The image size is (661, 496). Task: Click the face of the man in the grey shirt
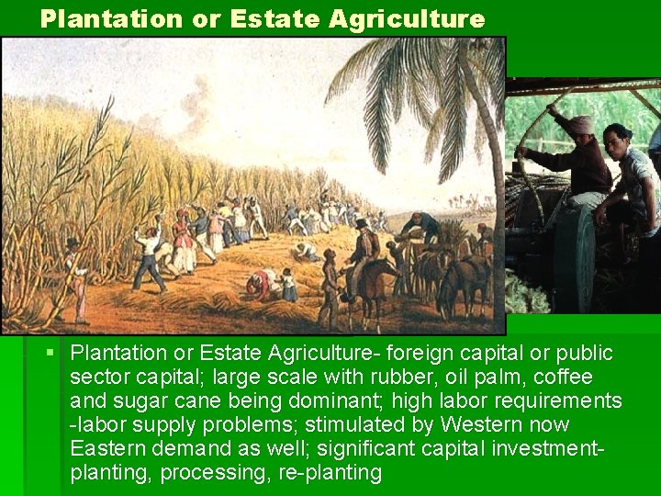(617, 141)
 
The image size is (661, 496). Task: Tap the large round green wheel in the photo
(573, 257)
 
